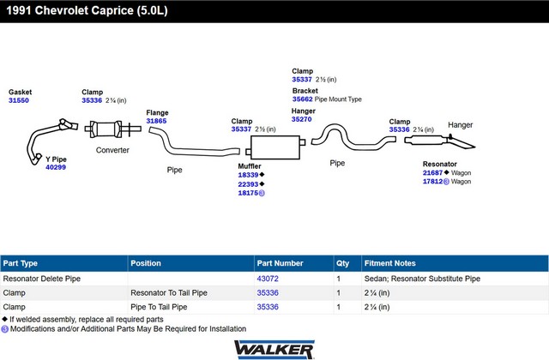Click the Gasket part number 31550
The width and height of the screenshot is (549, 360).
19,100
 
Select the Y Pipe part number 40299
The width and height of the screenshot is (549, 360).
56,167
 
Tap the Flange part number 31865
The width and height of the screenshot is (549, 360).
156,121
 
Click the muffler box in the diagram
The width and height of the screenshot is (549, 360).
275,147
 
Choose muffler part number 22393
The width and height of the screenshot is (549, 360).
248,184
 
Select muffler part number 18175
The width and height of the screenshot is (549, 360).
248,193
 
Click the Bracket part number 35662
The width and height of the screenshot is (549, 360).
303,99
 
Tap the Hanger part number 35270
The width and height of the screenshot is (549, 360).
301,119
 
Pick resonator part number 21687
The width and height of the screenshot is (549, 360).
432,172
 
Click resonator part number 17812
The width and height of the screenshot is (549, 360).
432,181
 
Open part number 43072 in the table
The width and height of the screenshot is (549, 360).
268,279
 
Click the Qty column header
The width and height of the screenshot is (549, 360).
343,263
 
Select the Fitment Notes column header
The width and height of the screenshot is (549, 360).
389,263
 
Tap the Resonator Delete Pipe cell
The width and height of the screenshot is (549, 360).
42,279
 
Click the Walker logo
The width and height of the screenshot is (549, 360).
274,349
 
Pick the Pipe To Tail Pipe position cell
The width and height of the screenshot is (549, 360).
159,307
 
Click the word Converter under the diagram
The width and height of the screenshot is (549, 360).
112,150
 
